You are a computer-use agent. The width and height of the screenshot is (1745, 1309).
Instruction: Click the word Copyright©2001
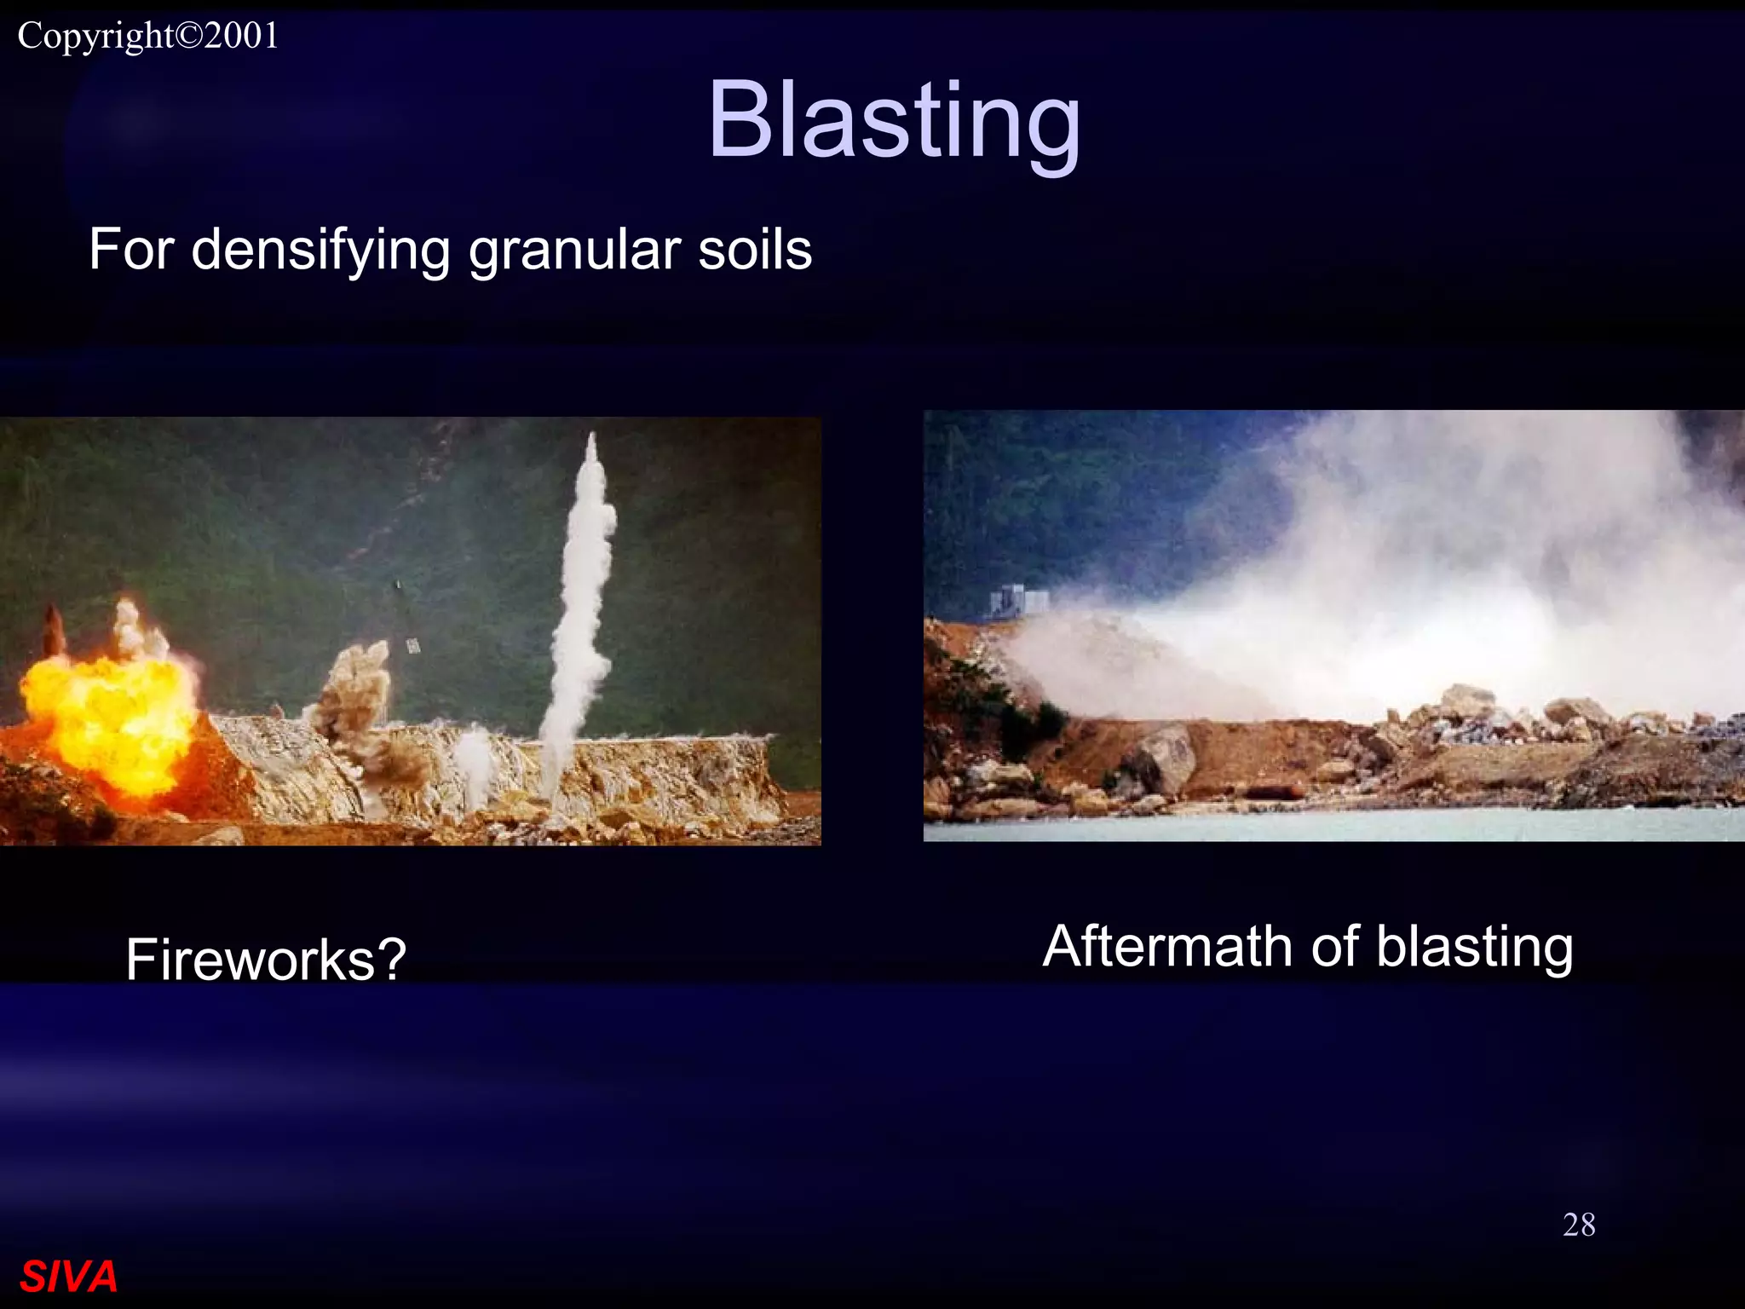coord(148,36)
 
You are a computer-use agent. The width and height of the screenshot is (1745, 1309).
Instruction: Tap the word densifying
coord(320,251)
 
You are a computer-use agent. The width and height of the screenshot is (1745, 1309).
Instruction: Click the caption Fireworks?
coord(266,959)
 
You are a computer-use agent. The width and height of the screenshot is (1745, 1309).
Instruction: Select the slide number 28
coord(1578,1225)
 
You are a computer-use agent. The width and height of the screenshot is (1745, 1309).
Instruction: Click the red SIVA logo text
coord(68,1277)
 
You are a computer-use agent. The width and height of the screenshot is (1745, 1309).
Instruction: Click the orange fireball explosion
coord(111,716)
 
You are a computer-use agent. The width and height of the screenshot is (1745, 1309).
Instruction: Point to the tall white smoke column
coord(582,597)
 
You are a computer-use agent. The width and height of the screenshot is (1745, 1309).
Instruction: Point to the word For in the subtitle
coord(131,251)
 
